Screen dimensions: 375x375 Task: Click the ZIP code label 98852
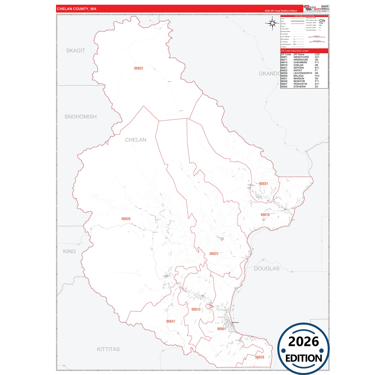139,68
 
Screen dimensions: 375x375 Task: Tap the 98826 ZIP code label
126,219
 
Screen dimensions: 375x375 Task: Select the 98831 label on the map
263,184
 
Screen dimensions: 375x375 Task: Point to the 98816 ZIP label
265,215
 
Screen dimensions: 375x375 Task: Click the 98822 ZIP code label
214,254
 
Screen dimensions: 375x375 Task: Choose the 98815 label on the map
196,309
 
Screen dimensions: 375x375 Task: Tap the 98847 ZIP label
171,321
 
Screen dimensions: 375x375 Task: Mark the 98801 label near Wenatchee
222,329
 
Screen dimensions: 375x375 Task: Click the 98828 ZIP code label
260,357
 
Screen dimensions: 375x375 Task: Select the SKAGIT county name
76,51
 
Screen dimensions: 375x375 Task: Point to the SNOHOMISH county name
80,117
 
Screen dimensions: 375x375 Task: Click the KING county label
69,251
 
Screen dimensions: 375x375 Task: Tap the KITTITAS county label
108,349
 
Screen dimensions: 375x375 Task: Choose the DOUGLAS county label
267,269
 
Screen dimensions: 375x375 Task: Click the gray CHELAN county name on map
135,140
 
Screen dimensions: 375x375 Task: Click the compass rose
272,23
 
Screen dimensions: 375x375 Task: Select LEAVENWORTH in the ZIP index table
303,73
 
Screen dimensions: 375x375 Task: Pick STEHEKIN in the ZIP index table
299,87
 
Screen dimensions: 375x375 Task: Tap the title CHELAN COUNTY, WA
77,9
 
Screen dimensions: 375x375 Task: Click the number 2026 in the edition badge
303,342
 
